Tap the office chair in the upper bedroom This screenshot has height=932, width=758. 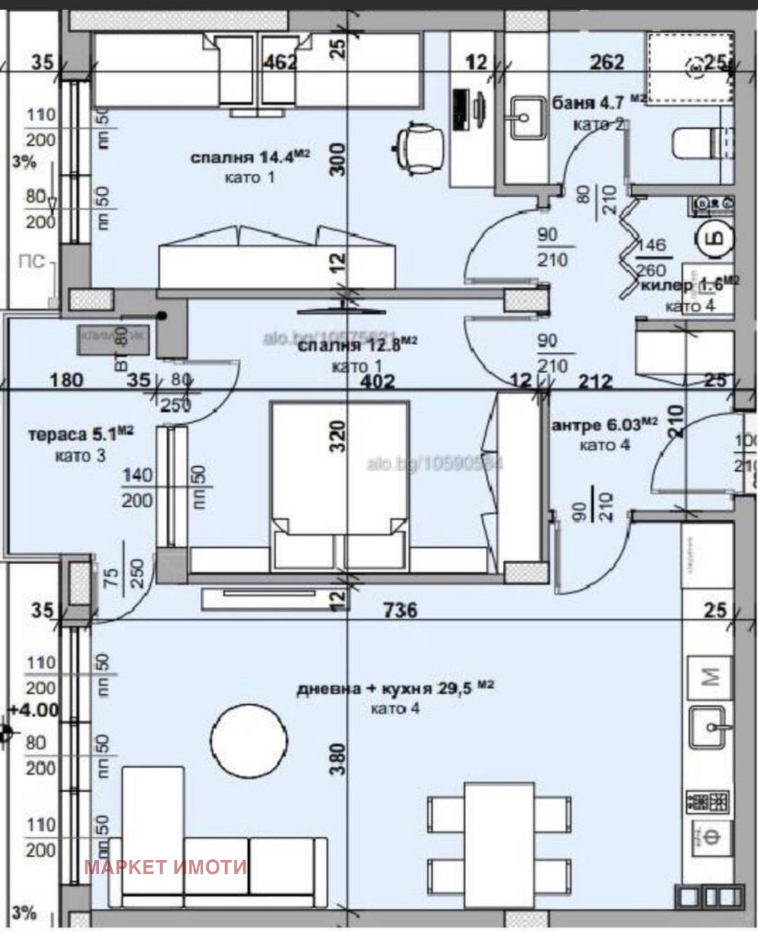coord(418,147)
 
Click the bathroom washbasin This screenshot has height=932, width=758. coord(527,118)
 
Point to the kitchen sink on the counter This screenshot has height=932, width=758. coord(710,727)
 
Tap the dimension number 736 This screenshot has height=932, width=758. coord(399,609)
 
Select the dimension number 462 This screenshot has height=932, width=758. coord(281,62)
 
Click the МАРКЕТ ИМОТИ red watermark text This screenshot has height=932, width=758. coord(165,867)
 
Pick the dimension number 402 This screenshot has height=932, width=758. coord(377,381)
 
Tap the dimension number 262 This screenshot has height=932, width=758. coord(607,62)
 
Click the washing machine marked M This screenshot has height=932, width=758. coord(710,677)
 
